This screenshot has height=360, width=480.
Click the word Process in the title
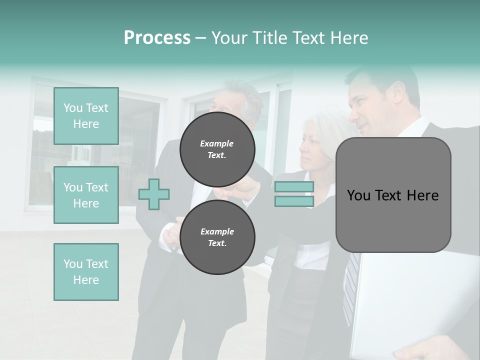point(157,38)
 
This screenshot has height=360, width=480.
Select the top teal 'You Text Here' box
point(86,116)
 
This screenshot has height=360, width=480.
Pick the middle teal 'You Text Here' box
point(86,195)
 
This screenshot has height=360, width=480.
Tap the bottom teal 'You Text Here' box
point(86,271)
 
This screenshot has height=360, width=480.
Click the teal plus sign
point(154,194)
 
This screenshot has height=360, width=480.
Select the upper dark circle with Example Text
point(217,149)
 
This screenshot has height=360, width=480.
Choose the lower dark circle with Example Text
point(217,237)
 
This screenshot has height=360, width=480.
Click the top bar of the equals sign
point(294,186)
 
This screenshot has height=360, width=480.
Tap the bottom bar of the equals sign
point(294,201)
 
